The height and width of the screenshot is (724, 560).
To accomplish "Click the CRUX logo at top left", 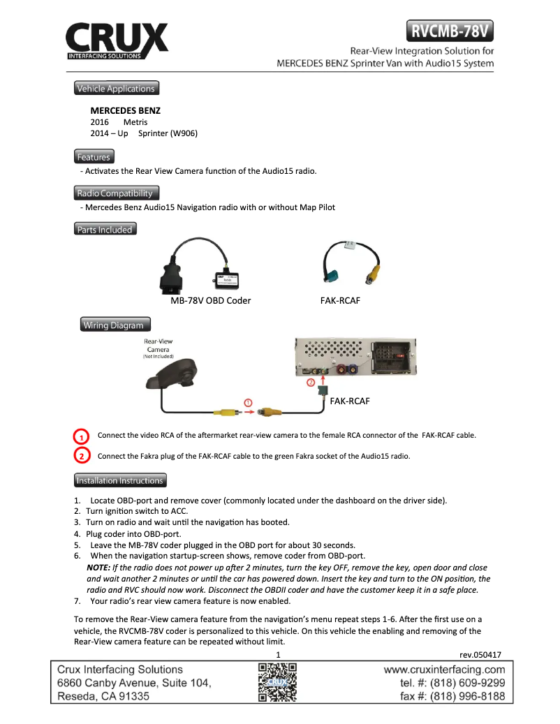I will tap(117, 41).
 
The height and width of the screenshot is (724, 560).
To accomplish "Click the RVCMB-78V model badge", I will tap(450, 31).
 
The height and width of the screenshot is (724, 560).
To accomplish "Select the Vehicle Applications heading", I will tap(116, 89).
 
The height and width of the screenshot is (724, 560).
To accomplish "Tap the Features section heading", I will tap(94, 157).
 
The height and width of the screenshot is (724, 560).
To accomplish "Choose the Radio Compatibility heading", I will tap(117, 193).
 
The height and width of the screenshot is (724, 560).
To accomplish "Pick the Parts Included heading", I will tap(105, 229).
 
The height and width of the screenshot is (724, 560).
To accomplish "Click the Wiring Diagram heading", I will tap(113, 325).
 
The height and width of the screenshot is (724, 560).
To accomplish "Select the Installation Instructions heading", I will tap(120, 480).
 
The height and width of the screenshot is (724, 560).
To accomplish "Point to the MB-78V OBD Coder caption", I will tap(211, 300).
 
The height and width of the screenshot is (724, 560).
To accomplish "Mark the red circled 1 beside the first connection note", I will tap(82, 436).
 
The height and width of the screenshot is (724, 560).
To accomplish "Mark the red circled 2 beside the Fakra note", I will tap(82, 457).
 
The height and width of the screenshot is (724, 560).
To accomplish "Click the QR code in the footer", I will tap(278, 682).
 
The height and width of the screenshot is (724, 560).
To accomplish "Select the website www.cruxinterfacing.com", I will tap(445, 670).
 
